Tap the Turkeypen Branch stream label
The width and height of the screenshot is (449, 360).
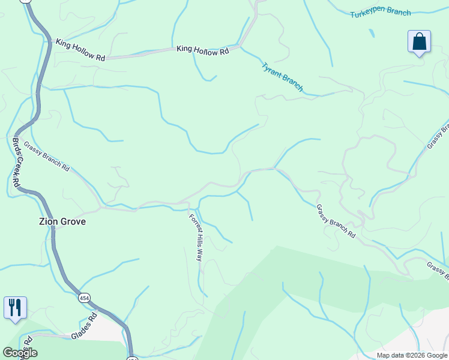click(381, 12)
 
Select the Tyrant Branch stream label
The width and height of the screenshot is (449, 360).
click(282, 77)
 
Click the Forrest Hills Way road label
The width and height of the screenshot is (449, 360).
click(196, 237)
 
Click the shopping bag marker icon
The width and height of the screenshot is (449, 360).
click(419, 42)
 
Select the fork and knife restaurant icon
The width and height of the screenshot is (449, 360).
click(14, 307)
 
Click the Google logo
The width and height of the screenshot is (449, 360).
click(20, 352)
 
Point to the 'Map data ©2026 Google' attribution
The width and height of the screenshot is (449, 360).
click(412, 355)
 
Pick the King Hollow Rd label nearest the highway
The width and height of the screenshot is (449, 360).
click(80, 50)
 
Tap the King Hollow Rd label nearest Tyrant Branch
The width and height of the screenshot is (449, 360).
click(203, 52)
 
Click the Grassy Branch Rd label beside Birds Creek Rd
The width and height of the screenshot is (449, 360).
click(47, 157)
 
